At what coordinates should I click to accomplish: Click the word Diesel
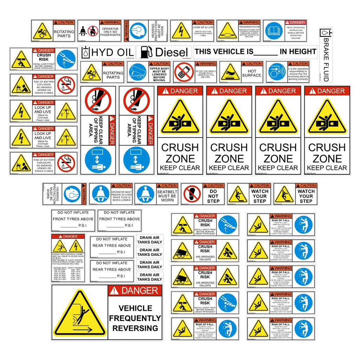point(172,52)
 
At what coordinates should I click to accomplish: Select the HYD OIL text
point(112,52)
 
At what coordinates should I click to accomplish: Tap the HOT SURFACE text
point(252,73)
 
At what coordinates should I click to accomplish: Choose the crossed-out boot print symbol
point(192,194)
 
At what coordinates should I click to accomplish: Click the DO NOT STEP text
point(213,196)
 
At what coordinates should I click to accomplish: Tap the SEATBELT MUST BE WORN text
point(167,196)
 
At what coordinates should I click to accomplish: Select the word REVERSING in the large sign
point(135,328)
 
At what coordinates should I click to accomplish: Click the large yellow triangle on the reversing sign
point(79,314)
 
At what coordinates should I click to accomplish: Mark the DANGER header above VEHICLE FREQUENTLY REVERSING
point(135,290)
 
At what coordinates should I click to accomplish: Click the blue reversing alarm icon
point(276,72)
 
